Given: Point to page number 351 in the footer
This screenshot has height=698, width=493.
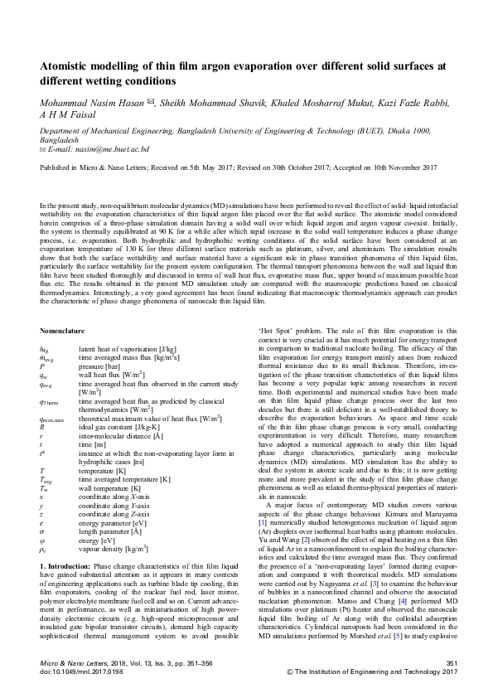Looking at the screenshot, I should (452, 664).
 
